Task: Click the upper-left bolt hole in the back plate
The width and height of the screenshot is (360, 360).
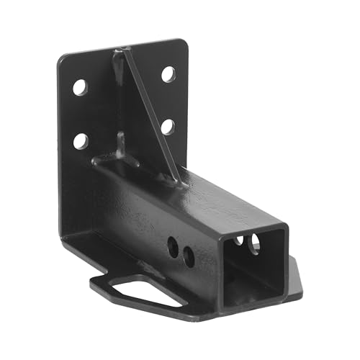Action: pos(79,88)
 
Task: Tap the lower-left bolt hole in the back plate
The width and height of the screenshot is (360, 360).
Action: pos(81,141)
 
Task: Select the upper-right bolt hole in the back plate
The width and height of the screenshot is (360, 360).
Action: pos(168,73)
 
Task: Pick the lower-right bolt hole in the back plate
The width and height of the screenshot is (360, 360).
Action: pos(167,127)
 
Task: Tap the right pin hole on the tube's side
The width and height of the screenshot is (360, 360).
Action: pos(188,254)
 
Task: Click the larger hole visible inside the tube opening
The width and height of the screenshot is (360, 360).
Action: pos(254,246)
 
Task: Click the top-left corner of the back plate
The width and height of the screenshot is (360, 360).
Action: pos(60,58)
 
